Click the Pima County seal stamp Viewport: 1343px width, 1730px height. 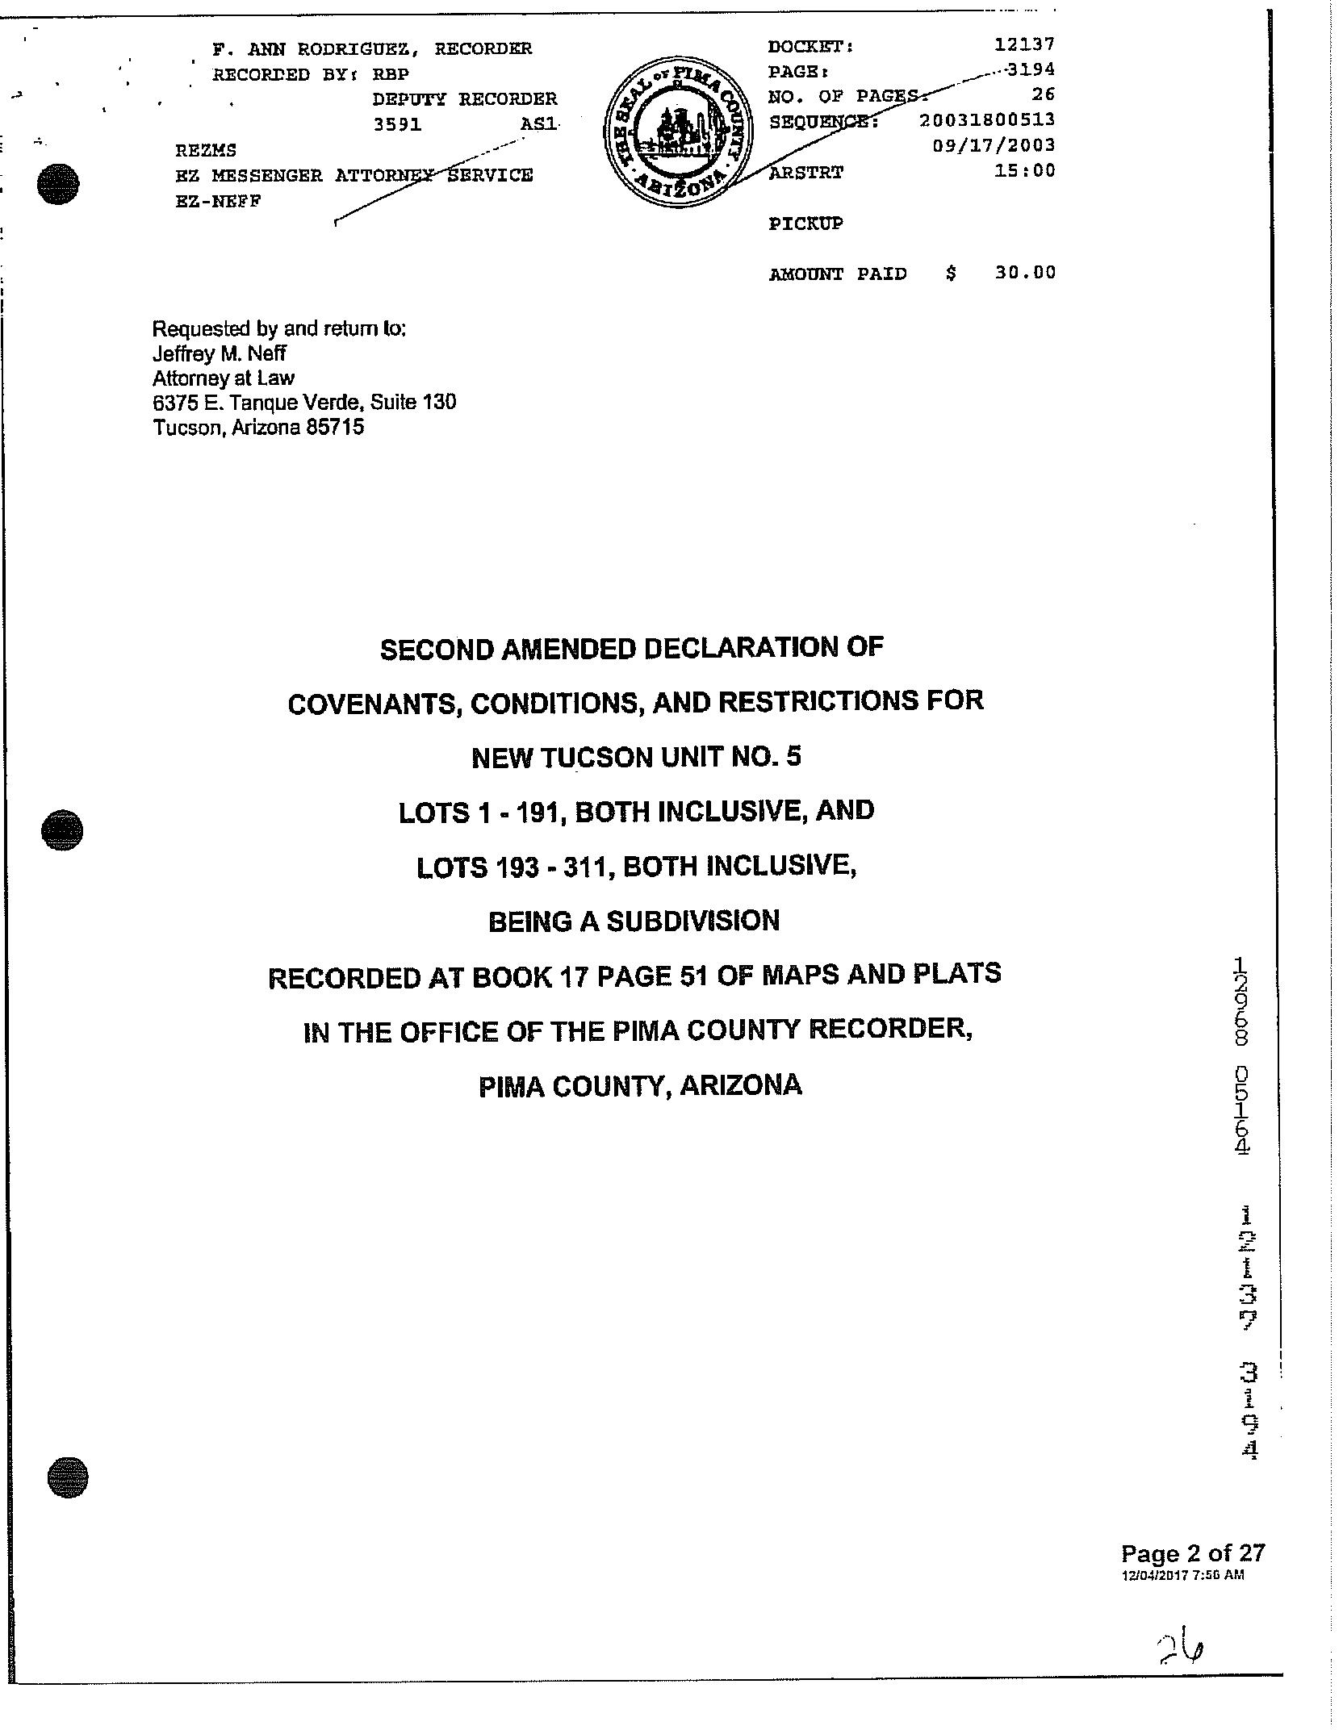pyautogui.click(x=678, y=132)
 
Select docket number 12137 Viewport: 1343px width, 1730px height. pyautogui.click(x=1024, y=44)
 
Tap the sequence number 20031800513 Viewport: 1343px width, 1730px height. pyautogui.click(x=987, y=120)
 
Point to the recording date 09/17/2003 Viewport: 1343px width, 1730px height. pyautogui.click(x=994, y=146)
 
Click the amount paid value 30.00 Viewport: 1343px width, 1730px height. pyautogui.click(x=1024, y=273)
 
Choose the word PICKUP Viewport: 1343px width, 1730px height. pyautogui.click(x=805, y=224)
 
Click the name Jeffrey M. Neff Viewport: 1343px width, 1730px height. pyautogui.click(x=219, y=353)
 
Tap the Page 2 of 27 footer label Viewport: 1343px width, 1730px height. pyautogui.click(x=1193, y=1552)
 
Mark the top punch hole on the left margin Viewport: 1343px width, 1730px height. pyautogui.click(x=59, y=183)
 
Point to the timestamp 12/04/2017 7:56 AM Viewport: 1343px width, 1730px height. pyautogui.click(x=1182, y=1574)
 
